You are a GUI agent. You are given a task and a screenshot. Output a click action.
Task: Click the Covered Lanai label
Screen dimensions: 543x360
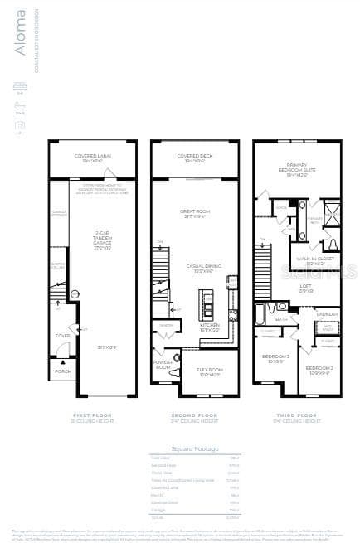(93, 156)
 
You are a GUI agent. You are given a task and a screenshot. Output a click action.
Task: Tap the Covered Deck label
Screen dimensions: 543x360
(195, 156)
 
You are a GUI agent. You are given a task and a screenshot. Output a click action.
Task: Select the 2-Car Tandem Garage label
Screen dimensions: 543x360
(103, 238)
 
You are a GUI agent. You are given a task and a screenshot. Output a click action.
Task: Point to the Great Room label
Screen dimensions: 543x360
(195, 212)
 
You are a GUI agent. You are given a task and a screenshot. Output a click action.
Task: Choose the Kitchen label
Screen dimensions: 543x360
(210, 325)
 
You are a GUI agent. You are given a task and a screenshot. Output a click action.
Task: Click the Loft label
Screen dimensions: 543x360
(305, 287)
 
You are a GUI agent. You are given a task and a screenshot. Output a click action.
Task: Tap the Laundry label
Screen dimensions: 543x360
(326, 313)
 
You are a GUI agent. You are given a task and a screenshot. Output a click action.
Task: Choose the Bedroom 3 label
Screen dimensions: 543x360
(274, 360)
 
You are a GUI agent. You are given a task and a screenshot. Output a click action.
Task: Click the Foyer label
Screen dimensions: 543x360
(62, 336)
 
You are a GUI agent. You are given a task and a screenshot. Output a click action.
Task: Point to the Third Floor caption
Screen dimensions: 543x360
(296, 415)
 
